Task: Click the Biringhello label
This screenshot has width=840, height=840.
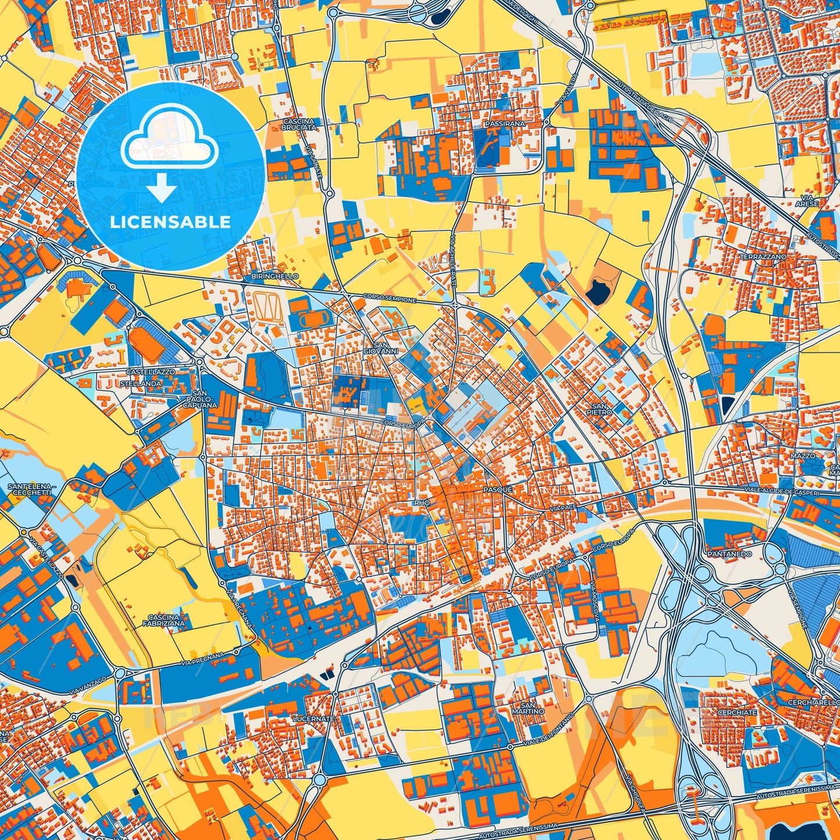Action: tap(275, 276)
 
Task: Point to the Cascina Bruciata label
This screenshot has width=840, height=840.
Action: tap(299, 124)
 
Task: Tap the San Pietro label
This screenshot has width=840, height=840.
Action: tap(602, 408)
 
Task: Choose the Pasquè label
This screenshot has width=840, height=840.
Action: tap(498, 489)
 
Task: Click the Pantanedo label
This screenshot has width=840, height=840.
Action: tap(729, 554)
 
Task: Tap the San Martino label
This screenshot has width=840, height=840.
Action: tap(528, 707)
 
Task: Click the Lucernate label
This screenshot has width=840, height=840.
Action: tap(314, 719)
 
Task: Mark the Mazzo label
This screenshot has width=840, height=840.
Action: tap(803, 456)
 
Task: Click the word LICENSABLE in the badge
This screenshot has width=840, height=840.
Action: tap(171, 222)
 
